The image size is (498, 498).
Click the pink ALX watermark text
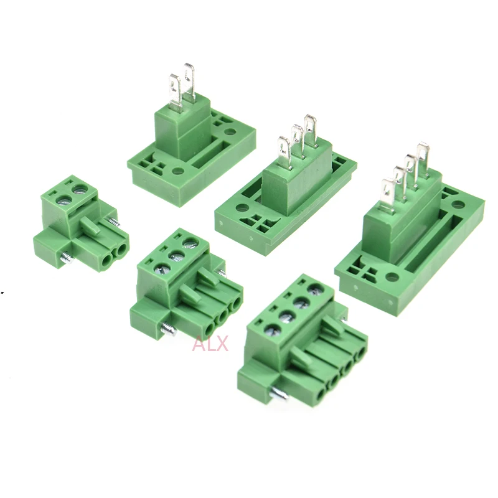[210, 344]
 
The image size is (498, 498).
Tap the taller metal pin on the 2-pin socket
[190, 82]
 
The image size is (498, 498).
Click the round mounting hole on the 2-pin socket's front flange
[178, 172]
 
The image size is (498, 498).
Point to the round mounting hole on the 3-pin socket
[242, 209]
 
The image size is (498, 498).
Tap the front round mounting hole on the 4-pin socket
[392, 277]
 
